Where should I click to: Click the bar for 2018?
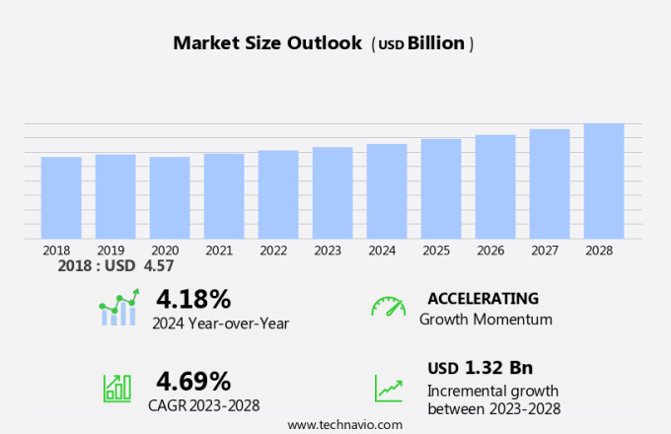61,197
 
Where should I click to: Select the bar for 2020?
170,197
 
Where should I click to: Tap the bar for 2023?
333,192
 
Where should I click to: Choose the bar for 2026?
495,186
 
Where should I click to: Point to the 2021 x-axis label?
219,251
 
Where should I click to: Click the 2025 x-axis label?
436,251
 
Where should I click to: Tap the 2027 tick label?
545,251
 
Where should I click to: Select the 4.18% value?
193,298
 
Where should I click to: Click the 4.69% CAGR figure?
193,381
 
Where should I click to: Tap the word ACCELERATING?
484,298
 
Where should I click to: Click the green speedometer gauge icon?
388,307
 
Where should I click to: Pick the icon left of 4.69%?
117,387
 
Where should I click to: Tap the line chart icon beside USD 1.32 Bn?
388,387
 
